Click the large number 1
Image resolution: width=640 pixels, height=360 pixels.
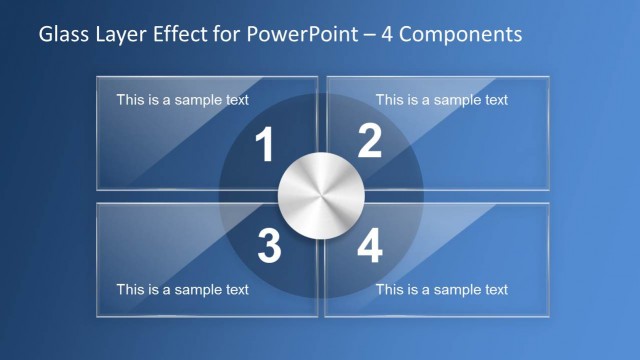click(264, 147)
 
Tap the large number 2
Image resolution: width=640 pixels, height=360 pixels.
click(369, 142)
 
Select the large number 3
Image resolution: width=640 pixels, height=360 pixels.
click(268, 247)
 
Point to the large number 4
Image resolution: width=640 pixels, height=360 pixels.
click(369, 247)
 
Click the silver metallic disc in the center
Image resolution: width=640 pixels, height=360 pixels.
click(319, 196)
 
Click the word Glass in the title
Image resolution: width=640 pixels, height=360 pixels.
click(62, 35)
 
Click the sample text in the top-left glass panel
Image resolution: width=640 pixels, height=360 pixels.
click(182, 100)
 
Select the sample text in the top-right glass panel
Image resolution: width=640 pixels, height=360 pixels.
click(441, 100)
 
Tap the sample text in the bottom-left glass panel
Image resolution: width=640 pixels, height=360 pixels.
click(182, 290)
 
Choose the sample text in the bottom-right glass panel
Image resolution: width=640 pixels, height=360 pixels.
click(441, 290)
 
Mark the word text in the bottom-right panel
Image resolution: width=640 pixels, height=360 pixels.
click(494, 290)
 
